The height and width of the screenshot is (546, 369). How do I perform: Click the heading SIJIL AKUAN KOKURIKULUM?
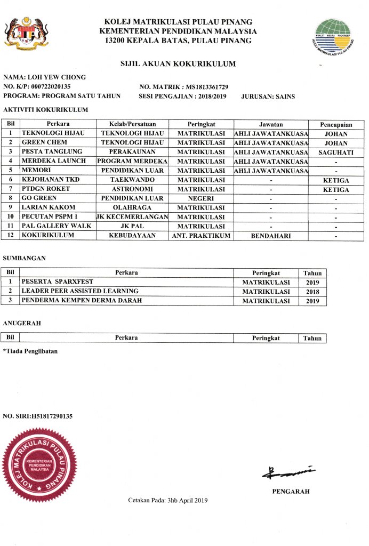[x=178, y=64]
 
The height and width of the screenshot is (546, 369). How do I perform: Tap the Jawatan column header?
[x=270, y=124]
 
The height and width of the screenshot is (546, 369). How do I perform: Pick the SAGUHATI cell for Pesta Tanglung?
[x=336, y=152]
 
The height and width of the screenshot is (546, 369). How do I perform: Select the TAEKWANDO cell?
[x=132, y=180]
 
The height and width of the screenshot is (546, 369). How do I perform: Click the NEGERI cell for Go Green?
[x=201, y=198]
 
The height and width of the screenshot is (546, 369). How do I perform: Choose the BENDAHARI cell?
[x=270, y=235]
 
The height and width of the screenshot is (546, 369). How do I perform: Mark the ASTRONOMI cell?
[x=132, y=189]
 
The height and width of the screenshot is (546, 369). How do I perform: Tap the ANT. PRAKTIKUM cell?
[x=201, y=235]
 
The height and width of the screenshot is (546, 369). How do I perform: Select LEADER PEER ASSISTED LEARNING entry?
[x=79, y=291]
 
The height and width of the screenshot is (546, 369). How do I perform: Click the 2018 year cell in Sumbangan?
[x=312, y=291]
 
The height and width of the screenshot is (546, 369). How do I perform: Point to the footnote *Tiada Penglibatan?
[x=30, y=351]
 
